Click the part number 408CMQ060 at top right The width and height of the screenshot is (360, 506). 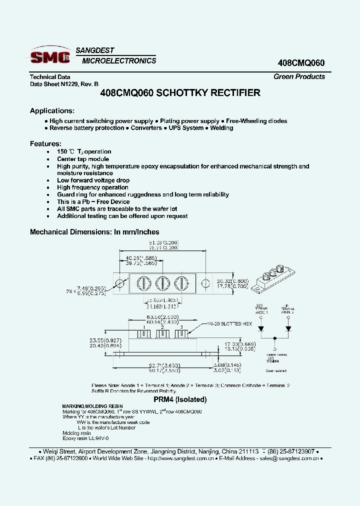[301, 63]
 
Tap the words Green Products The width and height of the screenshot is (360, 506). [299, 76]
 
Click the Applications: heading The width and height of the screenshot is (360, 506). [52, 110]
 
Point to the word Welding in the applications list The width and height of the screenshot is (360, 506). [221, 128]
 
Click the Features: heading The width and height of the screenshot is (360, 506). [45, 143]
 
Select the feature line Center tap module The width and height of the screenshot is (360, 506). [83, 159]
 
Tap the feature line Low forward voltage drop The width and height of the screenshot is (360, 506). [93, 180]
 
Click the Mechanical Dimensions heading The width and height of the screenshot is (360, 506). [94, 232]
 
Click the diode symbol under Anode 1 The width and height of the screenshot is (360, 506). [260, 329]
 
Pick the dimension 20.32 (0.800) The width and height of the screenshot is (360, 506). [232, 281]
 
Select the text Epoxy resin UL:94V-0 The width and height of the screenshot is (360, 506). [86, 437]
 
